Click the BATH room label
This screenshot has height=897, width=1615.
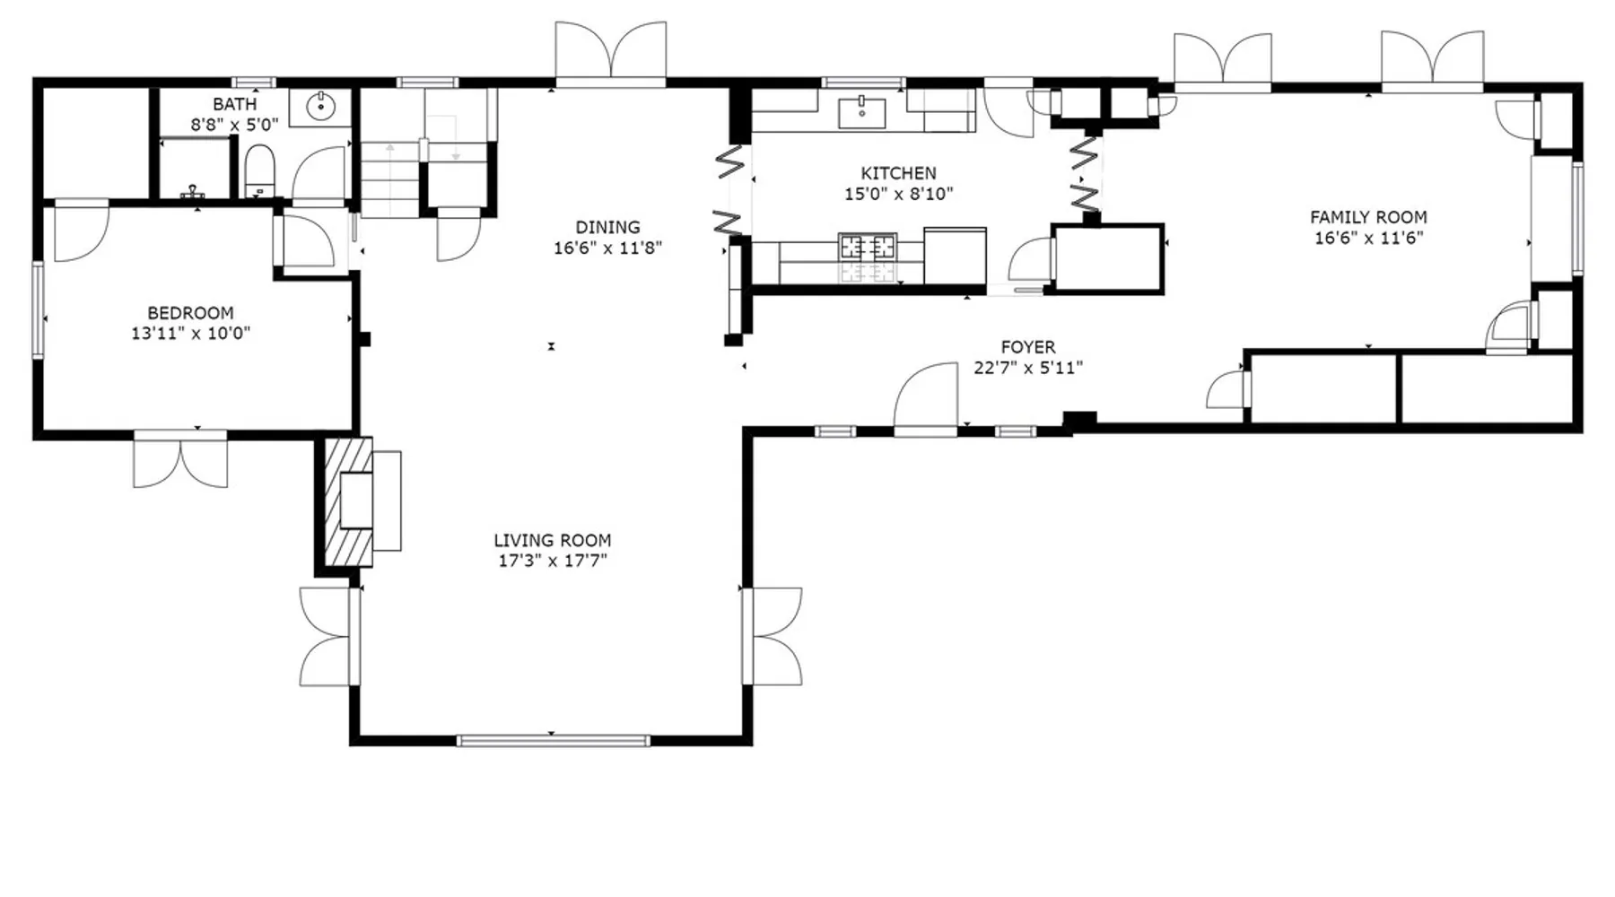click(234, 104)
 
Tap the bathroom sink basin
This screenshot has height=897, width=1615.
click(320, 107)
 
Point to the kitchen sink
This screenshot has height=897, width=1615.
click(861, 113)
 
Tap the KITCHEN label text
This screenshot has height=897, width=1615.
click(898, 173)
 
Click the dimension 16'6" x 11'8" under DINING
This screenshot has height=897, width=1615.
click(607, 248)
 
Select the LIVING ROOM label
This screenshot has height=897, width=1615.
click(553, 540)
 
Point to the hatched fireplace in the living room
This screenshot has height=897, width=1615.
click(348, 501)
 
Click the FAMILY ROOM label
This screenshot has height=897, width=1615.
click(1368, 217)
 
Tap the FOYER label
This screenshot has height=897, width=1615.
click(1028, 346)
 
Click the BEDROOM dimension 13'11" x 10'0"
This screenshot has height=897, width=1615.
click(190, 333)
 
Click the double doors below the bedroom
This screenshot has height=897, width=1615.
click(180, 459)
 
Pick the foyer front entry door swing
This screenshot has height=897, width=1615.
click(926, 399)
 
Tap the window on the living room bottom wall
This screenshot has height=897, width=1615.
click(553, 741)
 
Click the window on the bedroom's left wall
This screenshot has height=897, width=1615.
click(38, 309)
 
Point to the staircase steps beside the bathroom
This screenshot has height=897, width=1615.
click(390, 179)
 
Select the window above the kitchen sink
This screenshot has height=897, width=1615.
click(863, 83)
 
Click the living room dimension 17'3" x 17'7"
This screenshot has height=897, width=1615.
click(553, 561)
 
